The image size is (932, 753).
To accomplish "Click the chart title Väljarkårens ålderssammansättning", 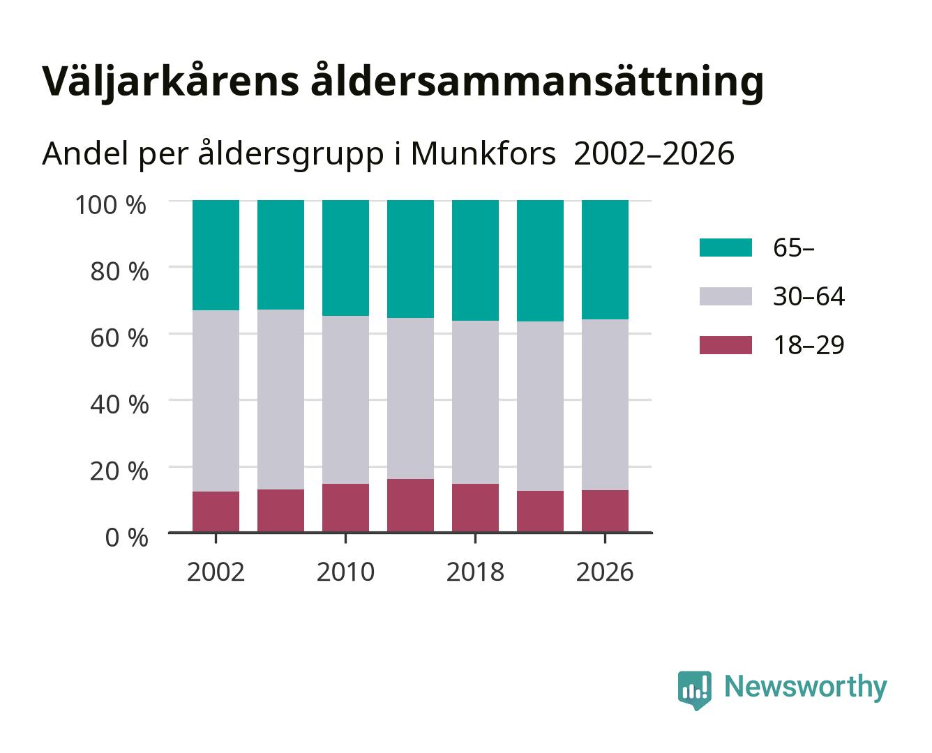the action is tap(403, 82).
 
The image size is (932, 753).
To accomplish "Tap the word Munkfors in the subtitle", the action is tap(483, 154).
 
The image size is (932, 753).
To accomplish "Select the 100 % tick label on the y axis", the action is tap(110, 205).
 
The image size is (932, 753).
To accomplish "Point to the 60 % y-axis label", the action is tap(119, 338).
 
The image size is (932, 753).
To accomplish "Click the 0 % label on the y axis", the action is tap(126, 538).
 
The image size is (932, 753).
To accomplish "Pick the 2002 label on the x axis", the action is tap(216, 572).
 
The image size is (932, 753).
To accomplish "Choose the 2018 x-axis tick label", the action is tap(475, 572).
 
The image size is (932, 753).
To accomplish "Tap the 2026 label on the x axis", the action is tap(605, 572).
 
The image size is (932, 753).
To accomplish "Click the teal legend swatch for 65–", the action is tap(726, 248).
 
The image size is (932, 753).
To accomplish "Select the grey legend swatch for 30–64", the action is tap(726, 296).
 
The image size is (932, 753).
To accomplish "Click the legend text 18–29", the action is tap(809, 345).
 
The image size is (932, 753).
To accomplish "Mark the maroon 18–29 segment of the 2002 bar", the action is tap(216, 512).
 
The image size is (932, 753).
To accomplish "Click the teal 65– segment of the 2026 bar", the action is tap(605, 260).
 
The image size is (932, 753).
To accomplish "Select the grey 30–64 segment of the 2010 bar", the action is tap(346, 400).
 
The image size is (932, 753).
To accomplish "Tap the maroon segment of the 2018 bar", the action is tap(475, 508).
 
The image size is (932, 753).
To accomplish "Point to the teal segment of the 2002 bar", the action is tap(216, 255).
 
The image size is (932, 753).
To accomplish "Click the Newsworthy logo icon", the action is tap(694, 690).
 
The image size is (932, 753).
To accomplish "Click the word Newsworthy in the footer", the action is tap(806, 687).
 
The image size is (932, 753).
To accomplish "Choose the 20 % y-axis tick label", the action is tap(119, 471).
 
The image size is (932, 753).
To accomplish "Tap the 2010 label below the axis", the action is tap(346, 572).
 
